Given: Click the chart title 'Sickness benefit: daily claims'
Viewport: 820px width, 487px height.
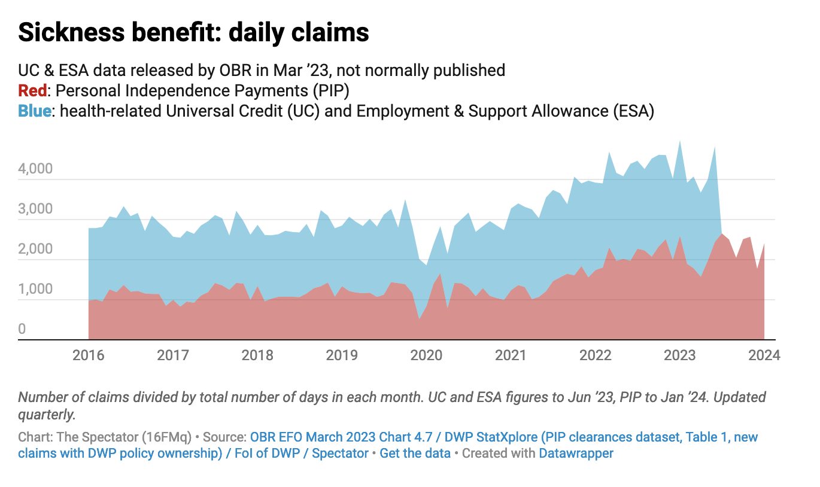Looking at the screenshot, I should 193,33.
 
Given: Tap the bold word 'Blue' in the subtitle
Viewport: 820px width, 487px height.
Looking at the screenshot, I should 34,111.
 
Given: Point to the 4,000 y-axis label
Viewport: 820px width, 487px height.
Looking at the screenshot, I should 35,169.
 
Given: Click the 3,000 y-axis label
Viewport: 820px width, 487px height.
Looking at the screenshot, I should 35,209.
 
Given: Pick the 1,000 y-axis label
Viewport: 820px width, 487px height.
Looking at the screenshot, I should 35,290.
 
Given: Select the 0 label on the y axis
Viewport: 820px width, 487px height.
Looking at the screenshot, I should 22,329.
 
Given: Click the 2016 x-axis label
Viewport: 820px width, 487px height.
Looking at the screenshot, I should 88,355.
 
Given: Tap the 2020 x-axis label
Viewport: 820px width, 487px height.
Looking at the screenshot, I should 426,355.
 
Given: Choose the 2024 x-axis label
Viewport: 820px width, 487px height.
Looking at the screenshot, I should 764,355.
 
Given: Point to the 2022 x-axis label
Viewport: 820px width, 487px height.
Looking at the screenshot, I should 595,355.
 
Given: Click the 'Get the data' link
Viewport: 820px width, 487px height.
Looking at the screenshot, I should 415,453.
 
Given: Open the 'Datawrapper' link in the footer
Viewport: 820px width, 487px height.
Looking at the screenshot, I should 576,453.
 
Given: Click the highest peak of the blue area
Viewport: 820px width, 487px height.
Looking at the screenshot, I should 679,142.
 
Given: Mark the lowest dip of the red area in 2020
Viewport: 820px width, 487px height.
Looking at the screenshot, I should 419,319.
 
